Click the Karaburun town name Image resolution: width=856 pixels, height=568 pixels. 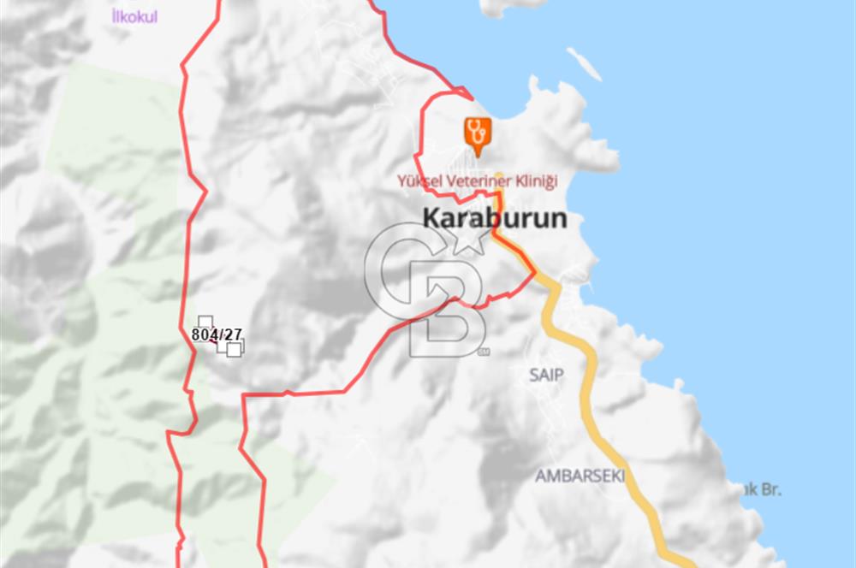click(x=494, y=218)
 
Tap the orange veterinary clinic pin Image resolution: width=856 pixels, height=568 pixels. click(x=478, y=133)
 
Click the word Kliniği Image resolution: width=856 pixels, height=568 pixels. click(x=538, y=181)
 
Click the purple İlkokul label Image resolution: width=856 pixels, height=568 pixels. click(x=135, y=16)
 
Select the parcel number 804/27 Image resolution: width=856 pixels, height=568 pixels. click(x=217, y=334)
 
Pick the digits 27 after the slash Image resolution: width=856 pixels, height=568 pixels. click(x=232, y=334)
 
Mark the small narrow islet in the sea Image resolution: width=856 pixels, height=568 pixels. click(x=584, y=64)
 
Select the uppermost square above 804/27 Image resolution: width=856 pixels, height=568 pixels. click(x=205, y=322)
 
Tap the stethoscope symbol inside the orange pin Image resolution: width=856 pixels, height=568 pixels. click(x=478, y=130)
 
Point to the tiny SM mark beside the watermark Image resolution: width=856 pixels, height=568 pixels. click(x=484, y=352)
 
